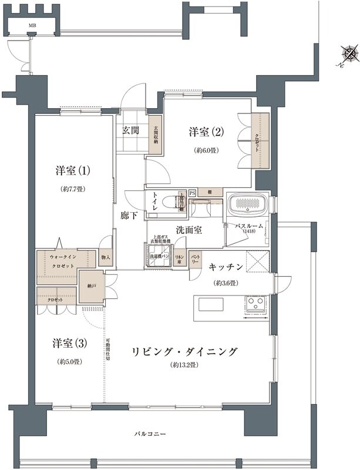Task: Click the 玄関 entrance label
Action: (x=130, y=130)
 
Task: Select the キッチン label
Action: (x=226, y=266)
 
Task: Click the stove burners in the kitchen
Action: (x=256, y=304)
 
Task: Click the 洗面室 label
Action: (x=189, y=229)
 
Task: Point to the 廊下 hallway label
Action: (x=129, y=216)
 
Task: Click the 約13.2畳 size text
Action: (x=183, y=365)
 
